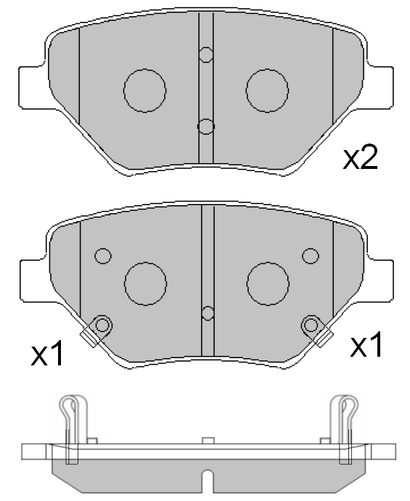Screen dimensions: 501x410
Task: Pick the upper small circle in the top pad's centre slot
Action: [x=206, y=54]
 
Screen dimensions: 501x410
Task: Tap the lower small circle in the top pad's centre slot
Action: [x=206, y=127]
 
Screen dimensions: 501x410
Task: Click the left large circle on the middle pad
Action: [x=146, y=283]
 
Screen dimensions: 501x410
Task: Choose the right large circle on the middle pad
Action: [x=268, y=283]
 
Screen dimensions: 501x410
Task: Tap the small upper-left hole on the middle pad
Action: [x=103, y=256]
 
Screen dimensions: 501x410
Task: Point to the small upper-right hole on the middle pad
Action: [x=311, y=256]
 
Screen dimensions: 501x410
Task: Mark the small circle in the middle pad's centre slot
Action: [x=208, y=313]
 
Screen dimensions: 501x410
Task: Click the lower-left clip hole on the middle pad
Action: [x=102, y=324]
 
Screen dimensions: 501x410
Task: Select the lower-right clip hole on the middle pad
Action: [x=311, y=323]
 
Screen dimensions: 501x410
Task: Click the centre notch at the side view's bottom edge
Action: [x=207, y=484]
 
